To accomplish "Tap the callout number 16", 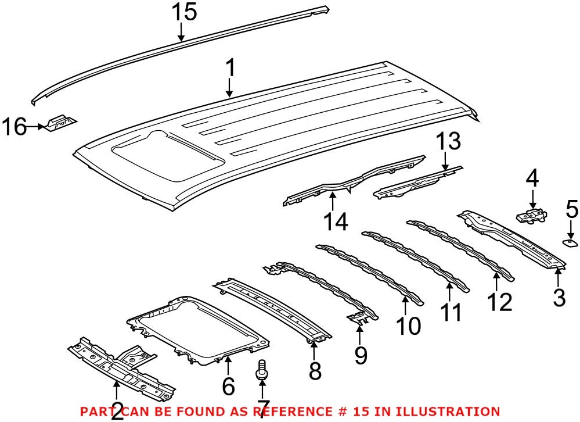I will coord(15,126).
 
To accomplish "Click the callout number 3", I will coord(559,297).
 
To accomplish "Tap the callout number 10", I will coord(408,326).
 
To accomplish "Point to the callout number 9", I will coord(361,355).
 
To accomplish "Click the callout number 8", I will coord(315,370).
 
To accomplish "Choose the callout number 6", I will coord(228,385).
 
